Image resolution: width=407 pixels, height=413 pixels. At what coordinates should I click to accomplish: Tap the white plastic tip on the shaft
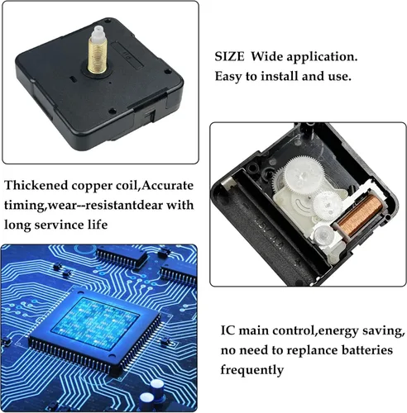[97, 33]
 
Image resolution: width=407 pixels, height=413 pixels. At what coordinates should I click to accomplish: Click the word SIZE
[229, 57]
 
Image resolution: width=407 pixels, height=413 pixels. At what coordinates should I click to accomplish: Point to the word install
[280, 76]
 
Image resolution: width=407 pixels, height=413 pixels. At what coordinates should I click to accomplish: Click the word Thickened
[36, 185]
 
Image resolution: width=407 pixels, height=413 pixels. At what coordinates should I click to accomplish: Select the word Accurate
[168, 185]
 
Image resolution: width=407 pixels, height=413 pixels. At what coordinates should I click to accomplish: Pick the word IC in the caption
[227, 330]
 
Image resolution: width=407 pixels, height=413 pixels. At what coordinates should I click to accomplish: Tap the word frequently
[252, 370]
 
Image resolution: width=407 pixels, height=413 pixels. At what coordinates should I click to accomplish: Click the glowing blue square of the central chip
[95, 324]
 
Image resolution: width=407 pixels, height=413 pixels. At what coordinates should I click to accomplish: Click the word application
[322, 58]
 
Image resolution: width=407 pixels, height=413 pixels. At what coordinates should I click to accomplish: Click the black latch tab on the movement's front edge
[150, 114]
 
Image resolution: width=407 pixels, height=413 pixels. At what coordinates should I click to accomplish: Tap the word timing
[25, 206]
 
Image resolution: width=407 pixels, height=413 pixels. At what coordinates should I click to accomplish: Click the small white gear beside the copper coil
[328, 205]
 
